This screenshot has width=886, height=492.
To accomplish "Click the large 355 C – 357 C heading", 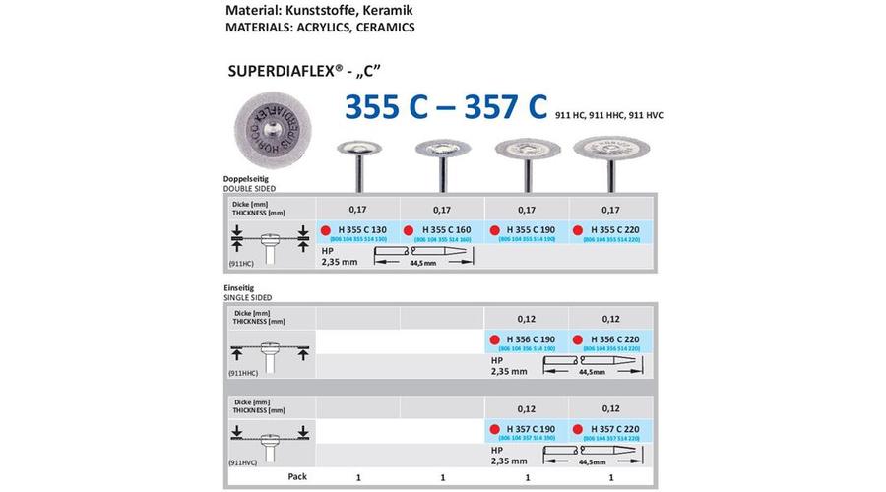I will pyautogui.click(x=446, y=107).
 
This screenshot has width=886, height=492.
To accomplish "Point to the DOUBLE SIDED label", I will pyautogui.click(x=250, y=187).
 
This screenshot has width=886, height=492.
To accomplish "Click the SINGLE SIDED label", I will pyautogui.click(x=248, y=297).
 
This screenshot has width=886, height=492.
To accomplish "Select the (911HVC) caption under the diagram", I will pyautogui.click(x=243, y=461).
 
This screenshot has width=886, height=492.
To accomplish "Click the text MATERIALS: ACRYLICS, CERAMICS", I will pyautogui.click(x=306, y=28).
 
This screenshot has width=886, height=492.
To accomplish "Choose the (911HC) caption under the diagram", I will pyautogui.click(x=241, y=265).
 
